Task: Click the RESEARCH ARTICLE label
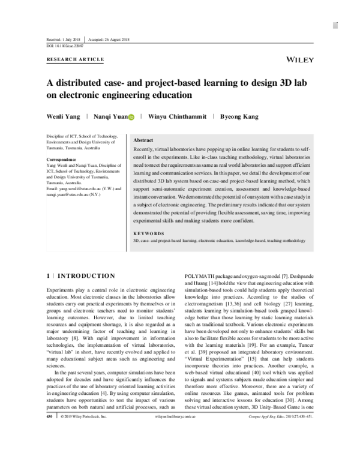tap(75, 60)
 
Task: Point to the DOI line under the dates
tap(65, 45)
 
